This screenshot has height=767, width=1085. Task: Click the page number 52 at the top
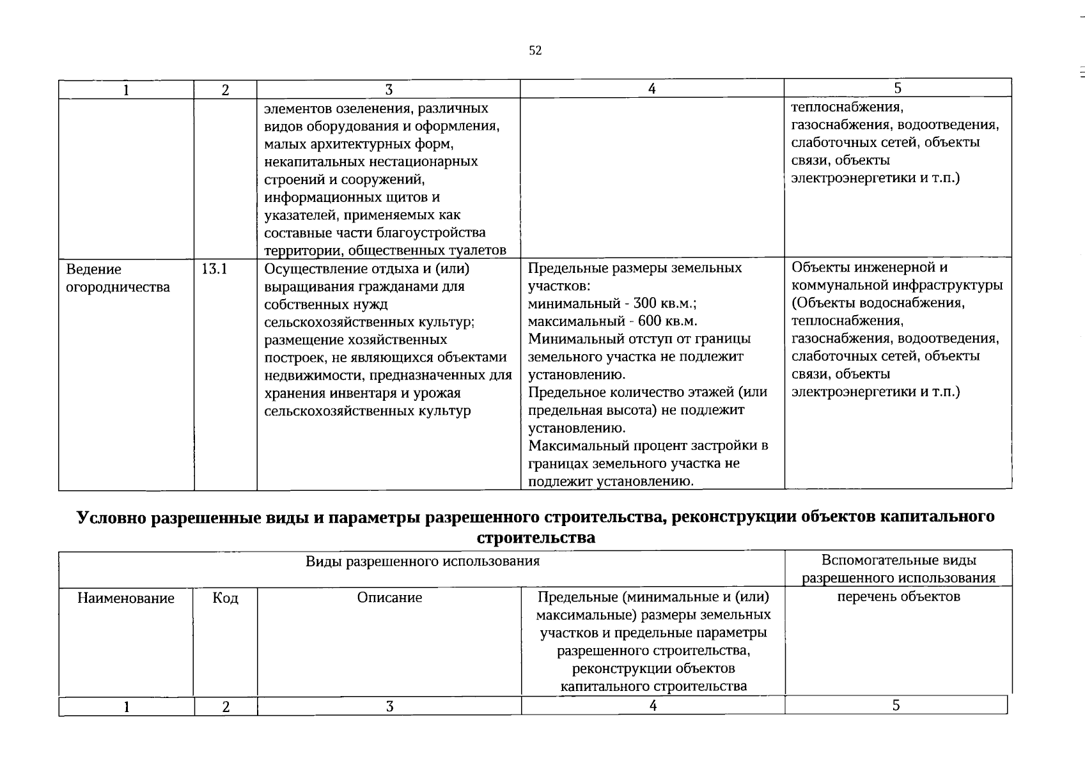coord(535,50)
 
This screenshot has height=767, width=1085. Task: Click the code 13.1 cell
coord(215,269)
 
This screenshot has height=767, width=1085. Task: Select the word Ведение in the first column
coord(93,269)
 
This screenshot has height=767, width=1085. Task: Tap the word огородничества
coord(118,287)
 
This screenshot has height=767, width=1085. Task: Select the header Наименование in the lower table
coord(126,598)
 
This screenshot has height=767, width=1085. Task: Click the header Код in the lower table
coord(225,598)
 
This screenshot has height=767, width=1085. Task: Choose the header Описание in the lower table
coord(389,598)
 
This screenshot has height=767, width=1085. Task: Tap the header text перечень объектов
coord(898,597)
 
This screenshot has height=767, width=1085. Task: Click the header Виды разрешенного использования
coord(422,561)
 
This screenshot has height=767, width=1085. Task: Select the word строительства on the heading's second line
coord(536,538)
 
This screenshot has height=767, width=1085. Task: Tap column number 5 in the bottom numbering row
coord(896,705)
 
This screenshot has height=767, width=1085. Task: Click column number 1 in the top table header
coord(127,90)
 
